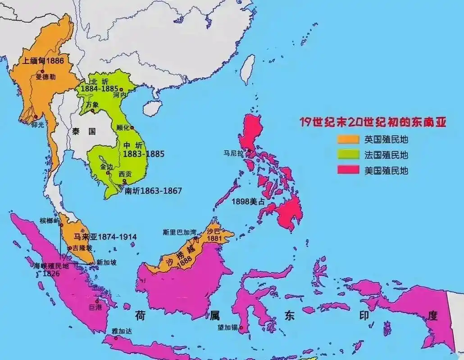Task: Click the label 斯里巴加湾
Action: click(180, 233)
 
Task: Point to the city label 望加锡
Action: click(228, 328)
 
